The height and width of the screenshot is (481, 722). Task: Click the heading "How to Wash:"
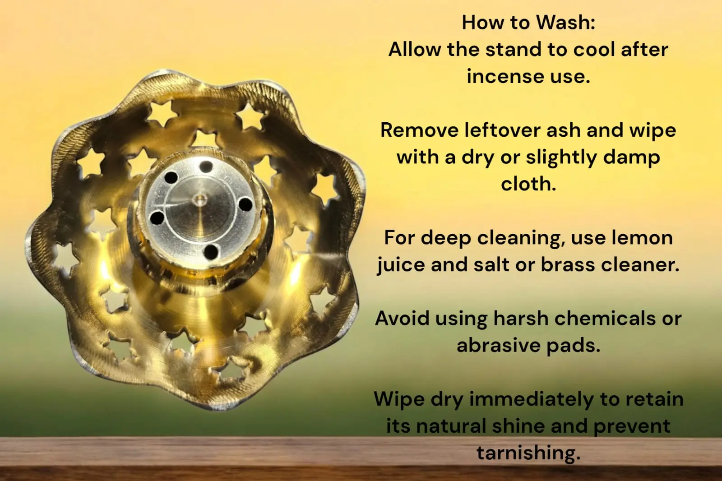(528, 23)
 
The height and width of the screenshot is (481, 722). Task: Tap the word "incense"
(505, 76)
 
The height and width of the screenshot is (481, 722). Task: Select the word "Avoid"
(402, 319)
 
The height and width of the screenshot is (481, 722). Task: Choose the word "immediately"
(531, 400)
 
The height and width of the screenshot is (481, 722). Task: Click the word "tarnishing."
(528, 453)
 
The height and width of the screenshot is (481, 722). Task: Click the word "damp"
(631, 157)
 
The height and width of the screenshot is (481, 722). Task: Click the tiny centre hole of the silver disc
(200, 200)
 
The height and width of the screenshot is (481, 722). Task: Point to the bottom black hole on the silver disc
(211, 251)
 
